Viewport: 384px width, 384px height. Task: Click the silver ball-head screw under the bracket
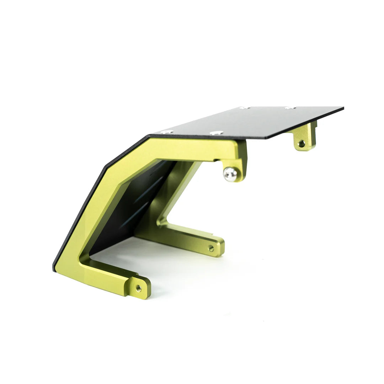230,174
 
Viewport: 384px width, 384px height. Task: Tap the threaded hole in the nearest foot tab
139,288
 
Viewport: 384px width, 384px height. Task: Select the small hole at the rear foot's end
211,248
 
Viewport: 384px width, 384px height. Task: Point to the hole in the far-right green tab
302,144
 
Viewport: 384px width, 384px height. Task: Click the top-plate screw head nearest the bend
166,132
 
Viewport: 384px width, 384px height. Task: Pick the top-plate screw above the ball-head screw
217,133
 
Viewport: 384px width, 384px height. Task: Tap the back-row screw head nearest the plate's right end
290,107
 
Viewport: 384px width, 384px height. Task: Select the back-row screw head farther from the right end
244,107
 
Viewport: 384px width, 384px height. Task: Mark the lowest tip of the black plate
54,269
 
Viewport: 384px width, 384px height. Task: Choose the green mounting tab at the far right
305,139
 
